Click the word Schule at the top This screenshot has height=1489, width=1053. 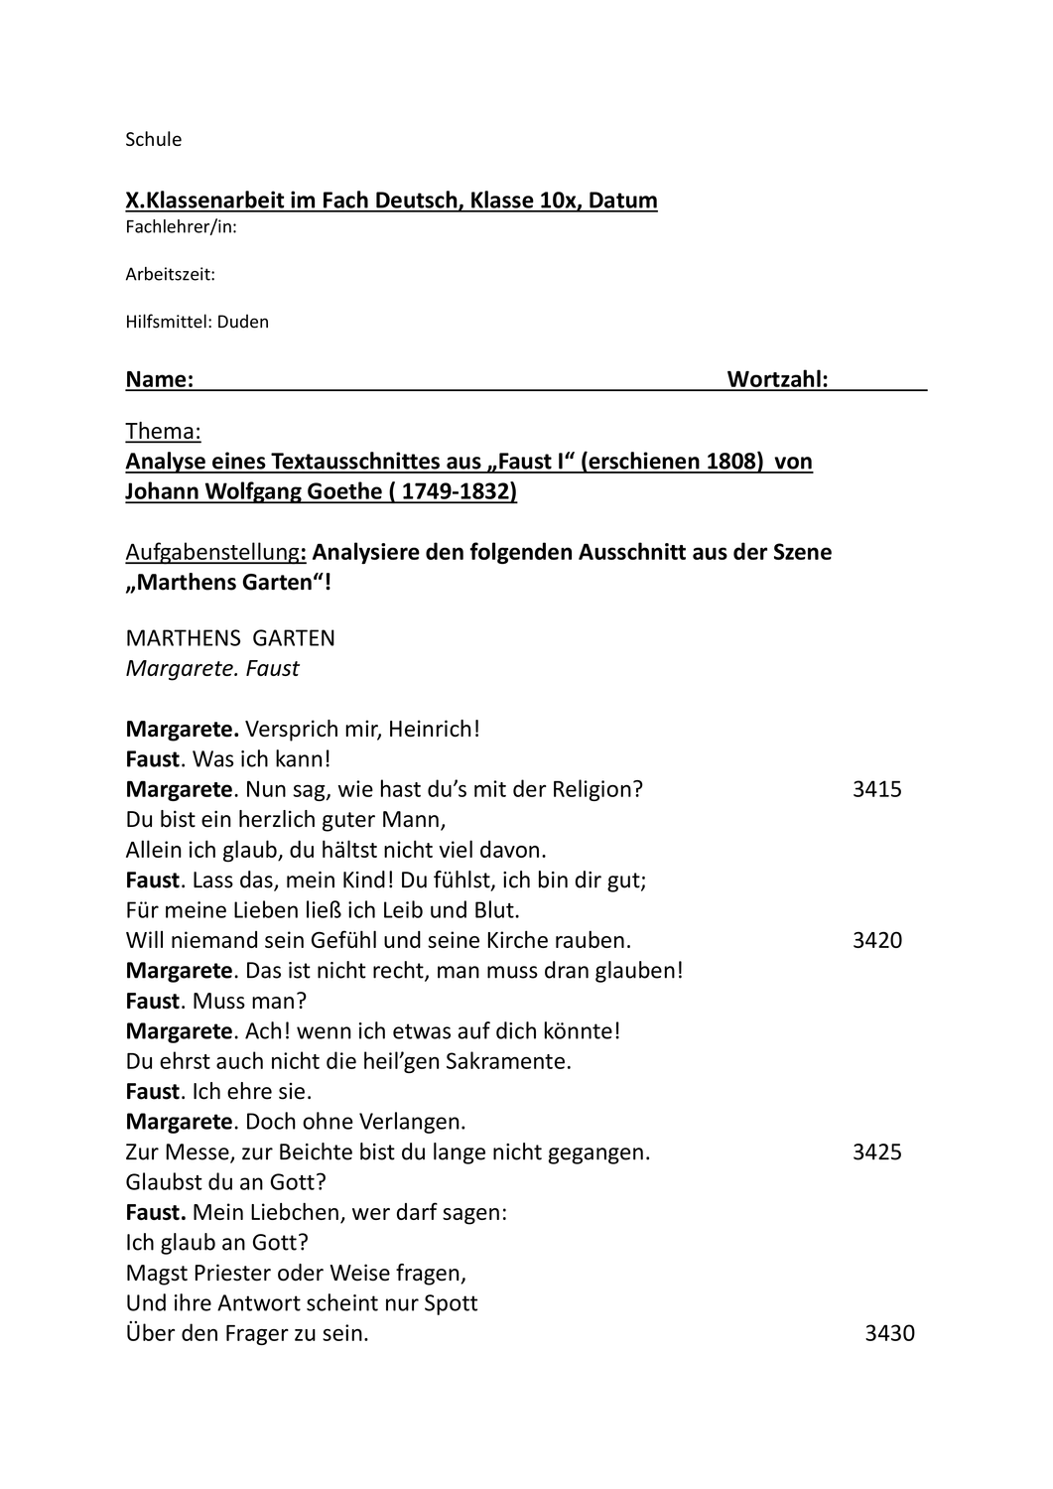(153, 140)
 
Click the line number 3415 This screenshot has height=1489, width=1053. (876, 790)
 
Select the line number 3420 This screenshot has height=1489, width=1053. (876, 941)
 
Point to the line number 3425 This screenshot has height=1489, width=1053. (876, 1152)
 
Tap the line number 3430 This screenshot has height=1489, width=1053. (889, 1334)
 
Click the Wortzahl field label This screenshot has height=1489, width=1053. (777, 379)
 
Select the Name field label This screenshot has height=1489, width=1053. (159, 379)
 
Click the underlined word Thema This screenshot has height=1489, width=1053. (163, 432)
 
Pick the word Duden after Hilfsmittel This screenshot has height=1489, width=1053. (243, 322)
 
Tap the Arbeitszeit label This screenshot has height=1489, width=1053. (170, 275)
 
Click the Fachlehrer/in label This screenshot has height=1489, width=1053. (181, 227)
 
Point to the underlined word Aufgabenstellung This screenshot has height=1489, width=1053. (211, 552)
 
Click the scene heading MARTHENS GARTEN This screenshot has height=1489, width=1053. (230, 638)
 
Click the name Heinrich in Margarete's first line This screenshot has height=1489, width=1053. (433, 730)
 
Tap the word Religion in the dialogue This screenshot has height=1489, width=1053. (593, 790)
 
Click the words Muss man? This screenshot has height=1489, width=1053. (249, 1002)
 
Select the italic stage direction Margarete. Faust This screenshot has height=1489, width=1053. (212, 669)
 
